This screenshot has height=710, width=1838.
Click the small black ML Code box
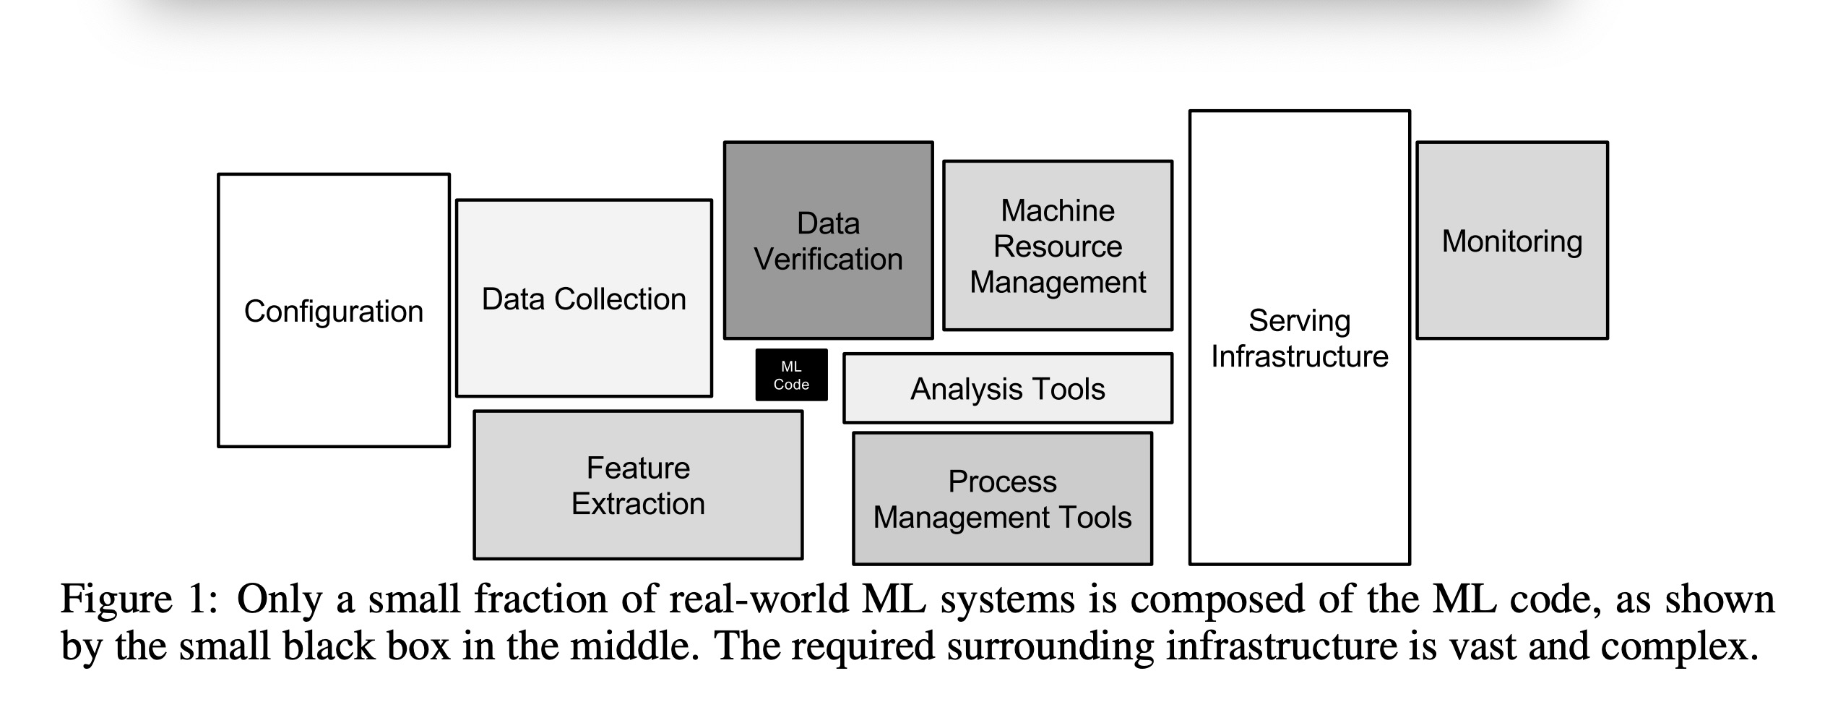[x=791, y=375]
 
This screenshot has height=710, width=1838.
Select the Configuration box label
[x=333, y=312]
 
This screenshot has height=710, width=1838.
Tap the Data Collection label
[x=584, y=299]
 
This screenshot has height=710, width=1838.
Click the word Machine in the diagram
[x=1057, y=211]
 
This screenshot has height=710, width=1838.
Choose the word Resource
[x=1057, y=247]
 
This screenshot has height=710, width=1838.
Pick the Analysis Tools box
[x=1007, y=389]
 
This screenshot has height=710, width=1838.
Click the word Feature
[x=638, y=469]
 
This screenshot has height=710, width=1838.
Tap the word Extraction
[x=638, y=504]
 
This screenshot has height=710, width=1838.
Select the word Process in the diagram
[x=1002, y=482]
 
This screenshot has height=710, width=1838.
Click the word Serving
[x=1299, y=321]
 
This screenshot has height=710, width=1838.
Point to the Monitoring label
[x=1511, y=241]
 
